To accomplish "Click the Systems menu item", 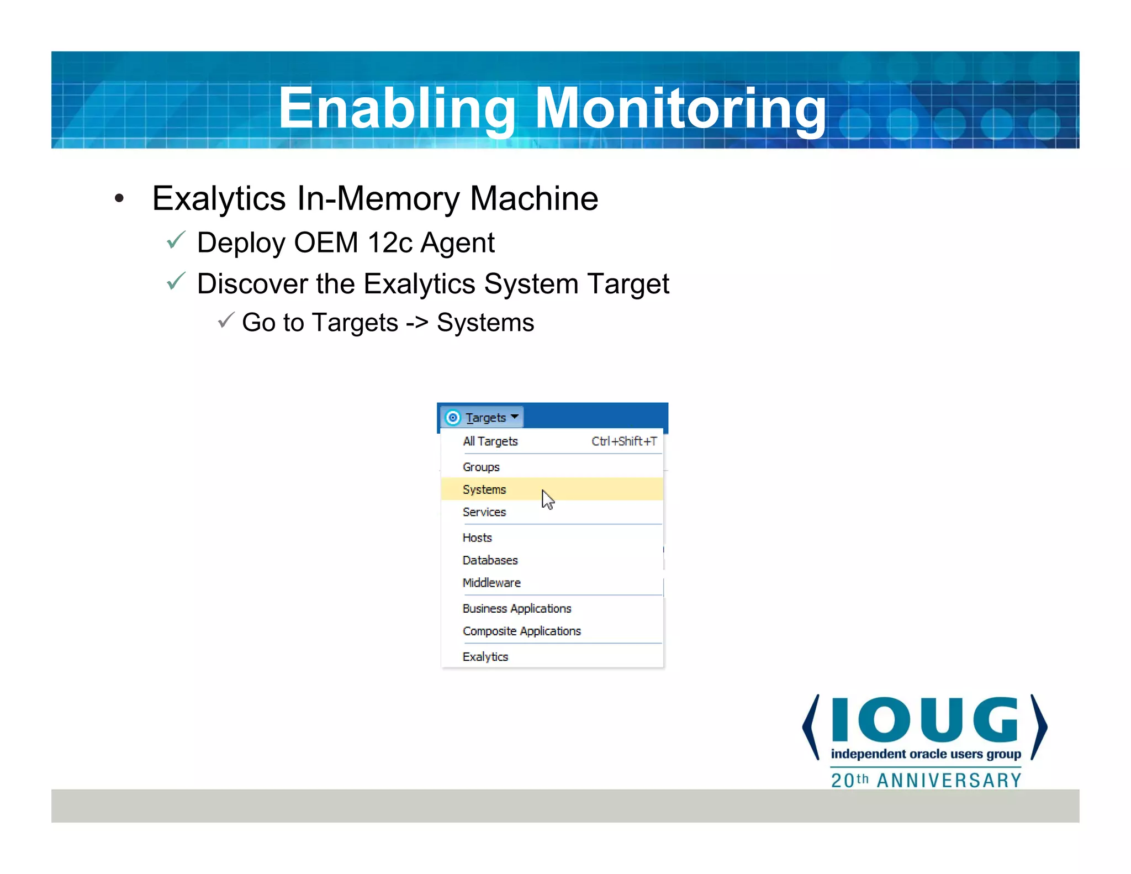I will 484,489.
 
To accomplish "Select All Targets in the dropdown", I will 490,441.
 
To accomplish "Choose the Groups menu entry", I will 481,467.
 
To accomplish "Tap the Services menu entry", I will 484,512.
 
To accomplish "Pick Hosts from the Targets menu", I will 477,538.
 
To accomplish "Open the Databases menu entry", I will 490,560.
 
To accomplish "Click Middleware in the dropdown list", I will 491,583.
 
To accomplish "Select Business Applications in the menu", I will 517,608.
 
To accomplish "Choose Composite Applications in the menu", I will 522,631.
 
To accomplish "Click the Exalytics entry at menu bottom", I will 485,657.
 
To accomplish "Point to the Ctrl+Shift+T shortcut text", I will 624,441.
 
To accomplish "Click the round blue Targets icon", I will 453,418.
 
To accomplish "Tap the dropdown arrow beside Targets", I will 515,417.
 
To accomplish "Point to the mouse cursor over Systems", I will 547,499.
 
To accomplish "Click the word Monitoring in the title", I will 680,109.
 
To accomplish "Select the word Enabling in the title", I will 397,109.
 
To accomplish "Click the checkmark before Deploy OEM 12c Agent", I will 176,240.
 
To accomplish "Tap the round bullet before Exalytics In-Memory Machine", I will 119,199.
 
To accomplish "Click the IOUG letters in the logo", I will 924,719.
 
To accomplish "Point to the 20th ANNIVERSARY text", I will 926,780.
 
